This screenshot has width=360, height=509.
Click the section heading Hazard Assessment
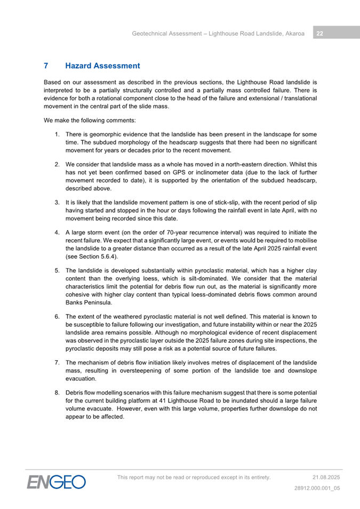tap(102, 66)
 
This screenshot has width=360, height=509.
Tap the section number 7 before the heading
tap(46, 66)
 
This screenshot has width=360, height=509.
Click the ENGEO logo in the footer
tap(57, 482)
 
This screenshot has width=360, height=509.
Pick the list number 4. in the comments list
tap(57, 232)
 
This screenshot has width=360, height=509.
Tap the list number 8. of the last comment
tap(57, 393)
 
